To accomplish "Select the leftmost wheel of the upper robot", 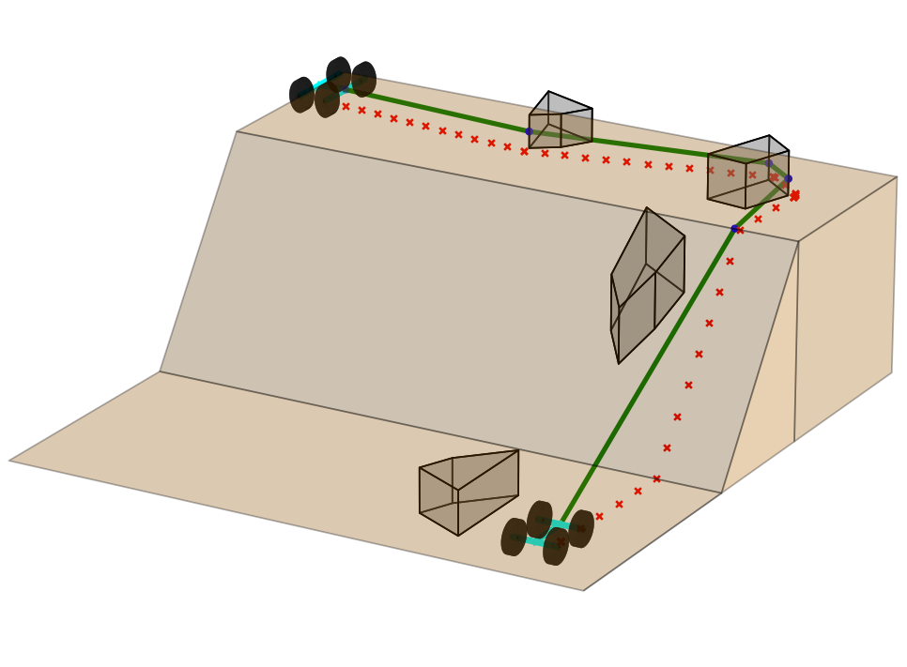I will (301, 95).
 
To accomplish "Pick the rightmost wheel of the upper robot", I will (364, 79).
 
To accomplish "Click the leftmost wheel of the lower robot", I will (514, 537).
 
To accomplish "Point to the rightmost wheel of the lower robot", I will (581, 528).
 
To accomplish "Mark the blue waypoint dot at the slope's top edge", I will (734, 228).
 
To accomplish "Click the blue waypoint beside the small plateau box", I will (529, 131).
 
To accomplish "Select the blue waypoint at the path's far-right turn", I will (788, 178).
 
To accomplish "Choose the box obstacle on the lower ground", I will (467, 491).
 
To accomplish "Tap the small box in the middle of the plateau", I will (561, 121).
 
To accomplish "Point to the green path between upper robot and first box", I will (441, 111).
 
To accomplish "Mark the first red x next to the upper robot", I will (346, 106).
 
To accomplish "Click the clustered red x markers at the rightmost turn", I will (794, 195).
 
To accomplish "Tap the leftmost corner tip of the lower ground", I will (10, 460).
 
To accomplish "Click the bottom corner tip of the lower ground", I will (583, 590).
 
